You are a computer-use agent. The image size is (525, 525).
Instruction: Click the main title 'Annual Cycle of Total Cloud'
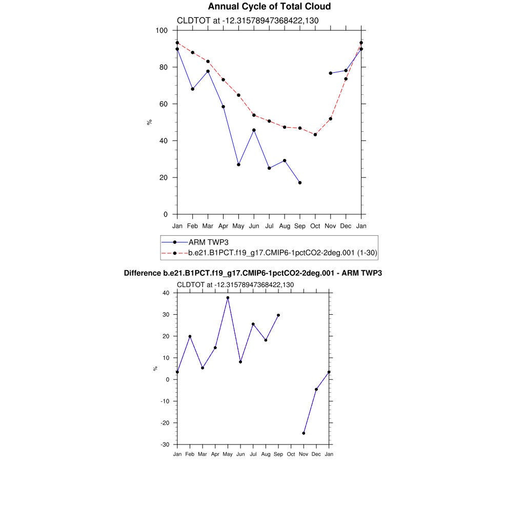269,7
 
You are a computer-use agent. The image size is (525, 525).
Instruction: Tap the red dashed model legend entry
282,253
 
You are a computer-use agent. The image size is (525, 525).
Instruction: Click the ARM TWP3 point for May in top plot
238,165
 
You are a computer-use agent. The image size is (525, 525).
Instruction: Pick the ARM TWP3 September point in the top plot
300,183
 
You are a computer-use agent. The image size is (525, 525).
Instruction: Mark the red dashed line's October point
315,135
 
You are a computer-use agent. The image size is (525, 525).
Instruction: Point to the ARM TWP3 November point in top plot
331,73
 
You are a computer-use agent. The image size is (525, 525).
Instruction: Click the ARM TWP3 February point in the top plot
192,89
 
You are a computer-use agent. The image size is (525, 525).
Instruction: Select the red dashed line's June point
254,115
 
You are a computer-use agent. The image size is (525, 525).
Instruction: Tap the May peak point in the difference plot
228,298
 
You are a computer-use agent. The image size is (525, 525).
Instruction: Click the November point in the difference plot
304,433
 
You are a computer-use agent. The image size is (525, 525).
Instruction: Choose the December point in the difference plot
316,389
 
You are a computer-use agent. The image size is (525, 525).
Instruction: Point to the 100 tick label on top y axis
162,31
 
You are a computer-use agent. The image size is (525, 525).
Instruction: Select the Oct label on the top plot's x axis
315,226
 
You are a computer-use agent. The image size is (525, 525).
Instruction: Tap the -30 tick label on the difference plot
165,445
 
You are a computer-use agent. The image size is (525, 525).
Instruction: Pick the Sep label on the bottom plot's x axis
278,454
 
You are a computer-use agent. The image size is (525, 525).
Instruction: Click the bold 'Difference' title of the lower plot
253,273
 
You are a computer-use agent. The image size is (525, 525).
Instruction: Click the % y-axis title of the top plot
149,122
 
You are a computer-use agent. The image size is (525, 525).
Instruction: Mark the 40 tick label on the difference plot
166,293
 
